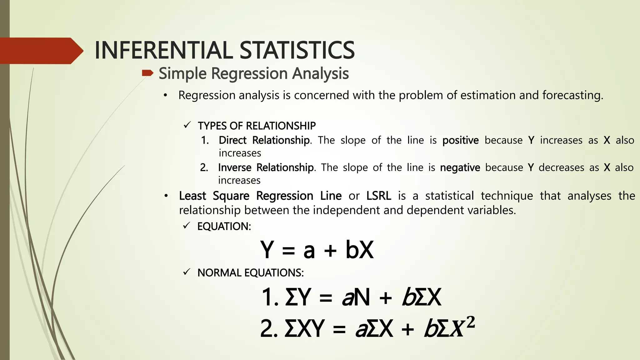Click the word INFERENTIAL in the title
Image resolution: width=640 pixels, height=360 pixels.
pos(163,50)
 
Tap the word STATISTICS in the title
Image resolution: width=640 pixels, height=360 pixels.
pos(297,50)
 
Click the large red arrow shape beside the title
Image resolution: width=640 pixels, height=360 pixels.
pos(41,51)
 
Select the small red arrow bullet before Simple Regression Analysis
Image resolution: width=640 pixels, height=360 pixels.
pos(147,73)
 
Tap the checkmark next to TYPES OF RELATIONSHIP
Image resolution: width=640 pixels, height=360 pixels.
pos(187,125)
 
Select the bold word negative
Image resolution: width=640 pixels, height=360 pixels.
pos(460,168)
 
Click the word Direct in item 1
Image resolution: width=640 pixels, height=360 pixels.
pos(232,140)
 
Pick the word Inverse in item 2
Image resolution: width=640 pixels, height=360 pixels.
pos(234,167)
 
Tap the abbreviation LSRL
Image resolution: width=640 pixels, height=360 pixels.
pos(378,196)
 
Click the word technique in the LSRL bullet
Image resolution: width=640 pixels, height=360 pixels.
pos(507,196)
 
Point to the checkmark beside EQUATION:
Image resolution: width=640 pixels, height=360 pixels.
pos(187,226)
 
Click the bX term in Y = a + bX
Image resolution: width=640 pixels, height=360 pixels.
pos(359,250)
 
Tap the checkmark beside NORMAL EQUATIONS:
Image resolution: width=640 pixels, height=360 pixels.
pos(187,272)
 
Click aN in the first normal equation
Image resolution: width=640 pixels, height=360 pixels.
pos(356,297)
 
